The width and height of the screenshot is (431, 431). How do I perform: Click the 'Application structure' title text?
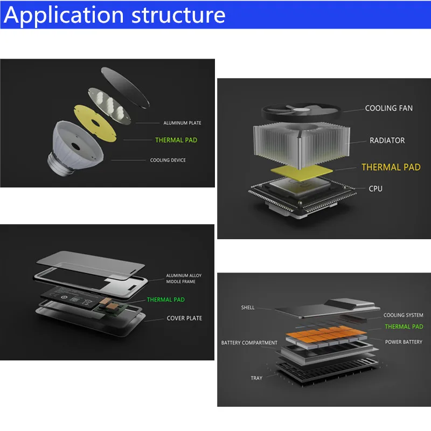[114, 15]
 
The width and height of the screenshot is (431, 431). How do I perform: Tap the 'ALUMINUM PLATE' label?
[182, 123]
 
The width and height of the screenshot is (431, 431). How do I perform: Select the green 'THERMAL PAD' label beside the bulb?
[176, 140]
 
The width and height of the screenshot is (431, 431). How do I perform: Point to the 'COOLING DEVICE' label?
[168, 160]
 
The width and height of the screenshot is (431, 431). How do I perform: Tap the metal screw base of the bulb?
[59, 165]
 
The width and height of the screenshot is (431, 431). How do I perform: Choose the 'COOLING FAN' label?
[388, 108]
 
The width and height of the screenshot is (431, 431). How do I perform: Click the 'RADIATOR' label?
[387, 141]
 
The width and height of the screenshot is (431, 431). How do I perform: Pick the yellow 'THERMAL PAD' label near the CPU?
[391, 167]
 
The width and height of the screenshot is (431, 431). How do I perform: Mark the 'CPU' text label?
[376, 189]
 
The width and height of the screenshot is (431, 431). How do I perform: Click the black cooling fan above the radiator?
[301, 112]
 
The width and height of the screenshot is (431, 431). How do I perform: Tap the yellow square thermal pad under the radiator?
[302, 172]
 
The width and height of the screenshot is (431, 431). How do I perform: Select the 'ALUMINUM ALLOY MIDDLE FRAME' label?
[184, 279]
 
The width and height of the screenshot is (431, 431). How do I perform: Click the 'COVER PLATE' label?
[184, 318]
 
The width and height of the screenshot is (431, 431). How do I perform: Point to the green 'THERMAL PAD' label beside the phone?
[165, 300]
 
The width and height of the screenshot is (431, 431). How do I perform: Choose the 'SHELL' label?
[248, 308]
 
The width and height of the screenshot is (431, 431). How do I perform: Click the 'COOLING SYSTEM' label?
[403, 315]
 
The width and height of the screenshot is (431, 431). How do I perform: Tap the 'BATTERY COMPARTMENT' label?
[249, 343]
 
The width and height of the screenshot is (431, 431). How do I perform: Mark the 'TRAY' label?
[256, 378]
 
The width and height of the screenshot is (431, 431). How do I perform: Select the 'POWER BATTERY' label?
[404, 342]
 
